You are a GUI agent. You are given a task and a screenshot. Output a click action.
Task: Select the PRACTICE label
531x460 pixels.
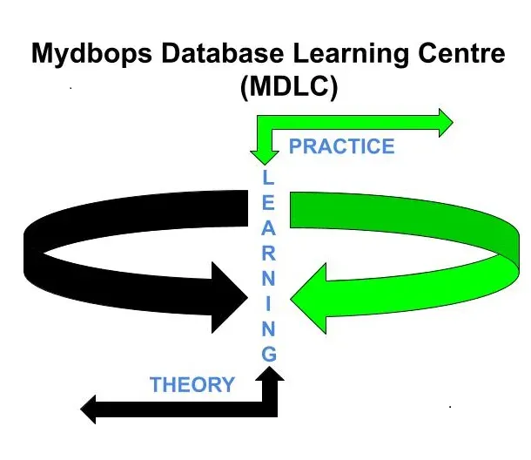tap(341, 145)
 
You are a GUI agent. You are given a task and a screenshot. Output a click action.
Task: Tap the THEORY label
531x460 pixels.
tap(192, 384)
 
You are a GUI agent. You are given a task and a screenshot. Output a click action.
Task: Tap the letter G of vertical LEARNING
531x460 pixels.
tap(268, 355)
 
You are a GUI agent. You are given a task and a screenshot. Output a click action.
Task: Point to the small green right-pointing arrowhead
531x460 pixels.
tap(444, 122)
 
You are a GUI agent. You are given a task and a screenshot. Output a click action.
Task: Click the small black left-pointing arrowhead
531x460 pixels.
tap(91, 406)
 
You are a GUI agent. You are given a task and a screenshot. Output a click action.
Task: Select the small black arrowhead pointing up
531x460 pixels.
tap(271, 375)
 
